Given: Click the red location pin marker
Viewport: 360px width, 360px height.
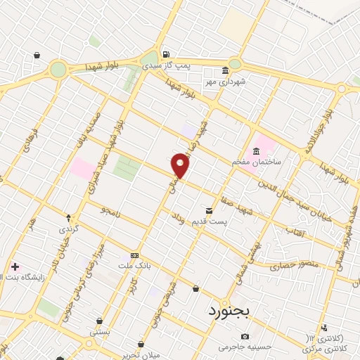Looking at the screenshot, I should (181, 165).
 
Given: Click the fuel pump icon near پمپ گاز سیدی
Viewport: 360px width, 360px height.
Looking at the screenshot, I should (165, 54).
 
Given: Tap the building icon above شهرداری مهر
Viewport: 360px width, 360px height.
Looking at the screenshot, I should (224, 71).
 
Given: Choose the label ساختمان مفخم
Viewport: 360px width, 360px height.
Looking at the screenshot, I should (257, 161).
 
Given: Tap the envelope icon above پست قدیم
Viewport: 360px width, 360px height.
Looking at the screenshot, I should (209, 210).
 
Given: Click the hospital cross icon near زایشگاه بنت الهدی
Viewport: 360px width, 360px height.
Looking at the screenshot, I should (15, 266).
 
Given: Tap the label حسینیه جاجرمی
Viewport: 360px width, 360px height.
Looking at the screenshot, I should (225, 347).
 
